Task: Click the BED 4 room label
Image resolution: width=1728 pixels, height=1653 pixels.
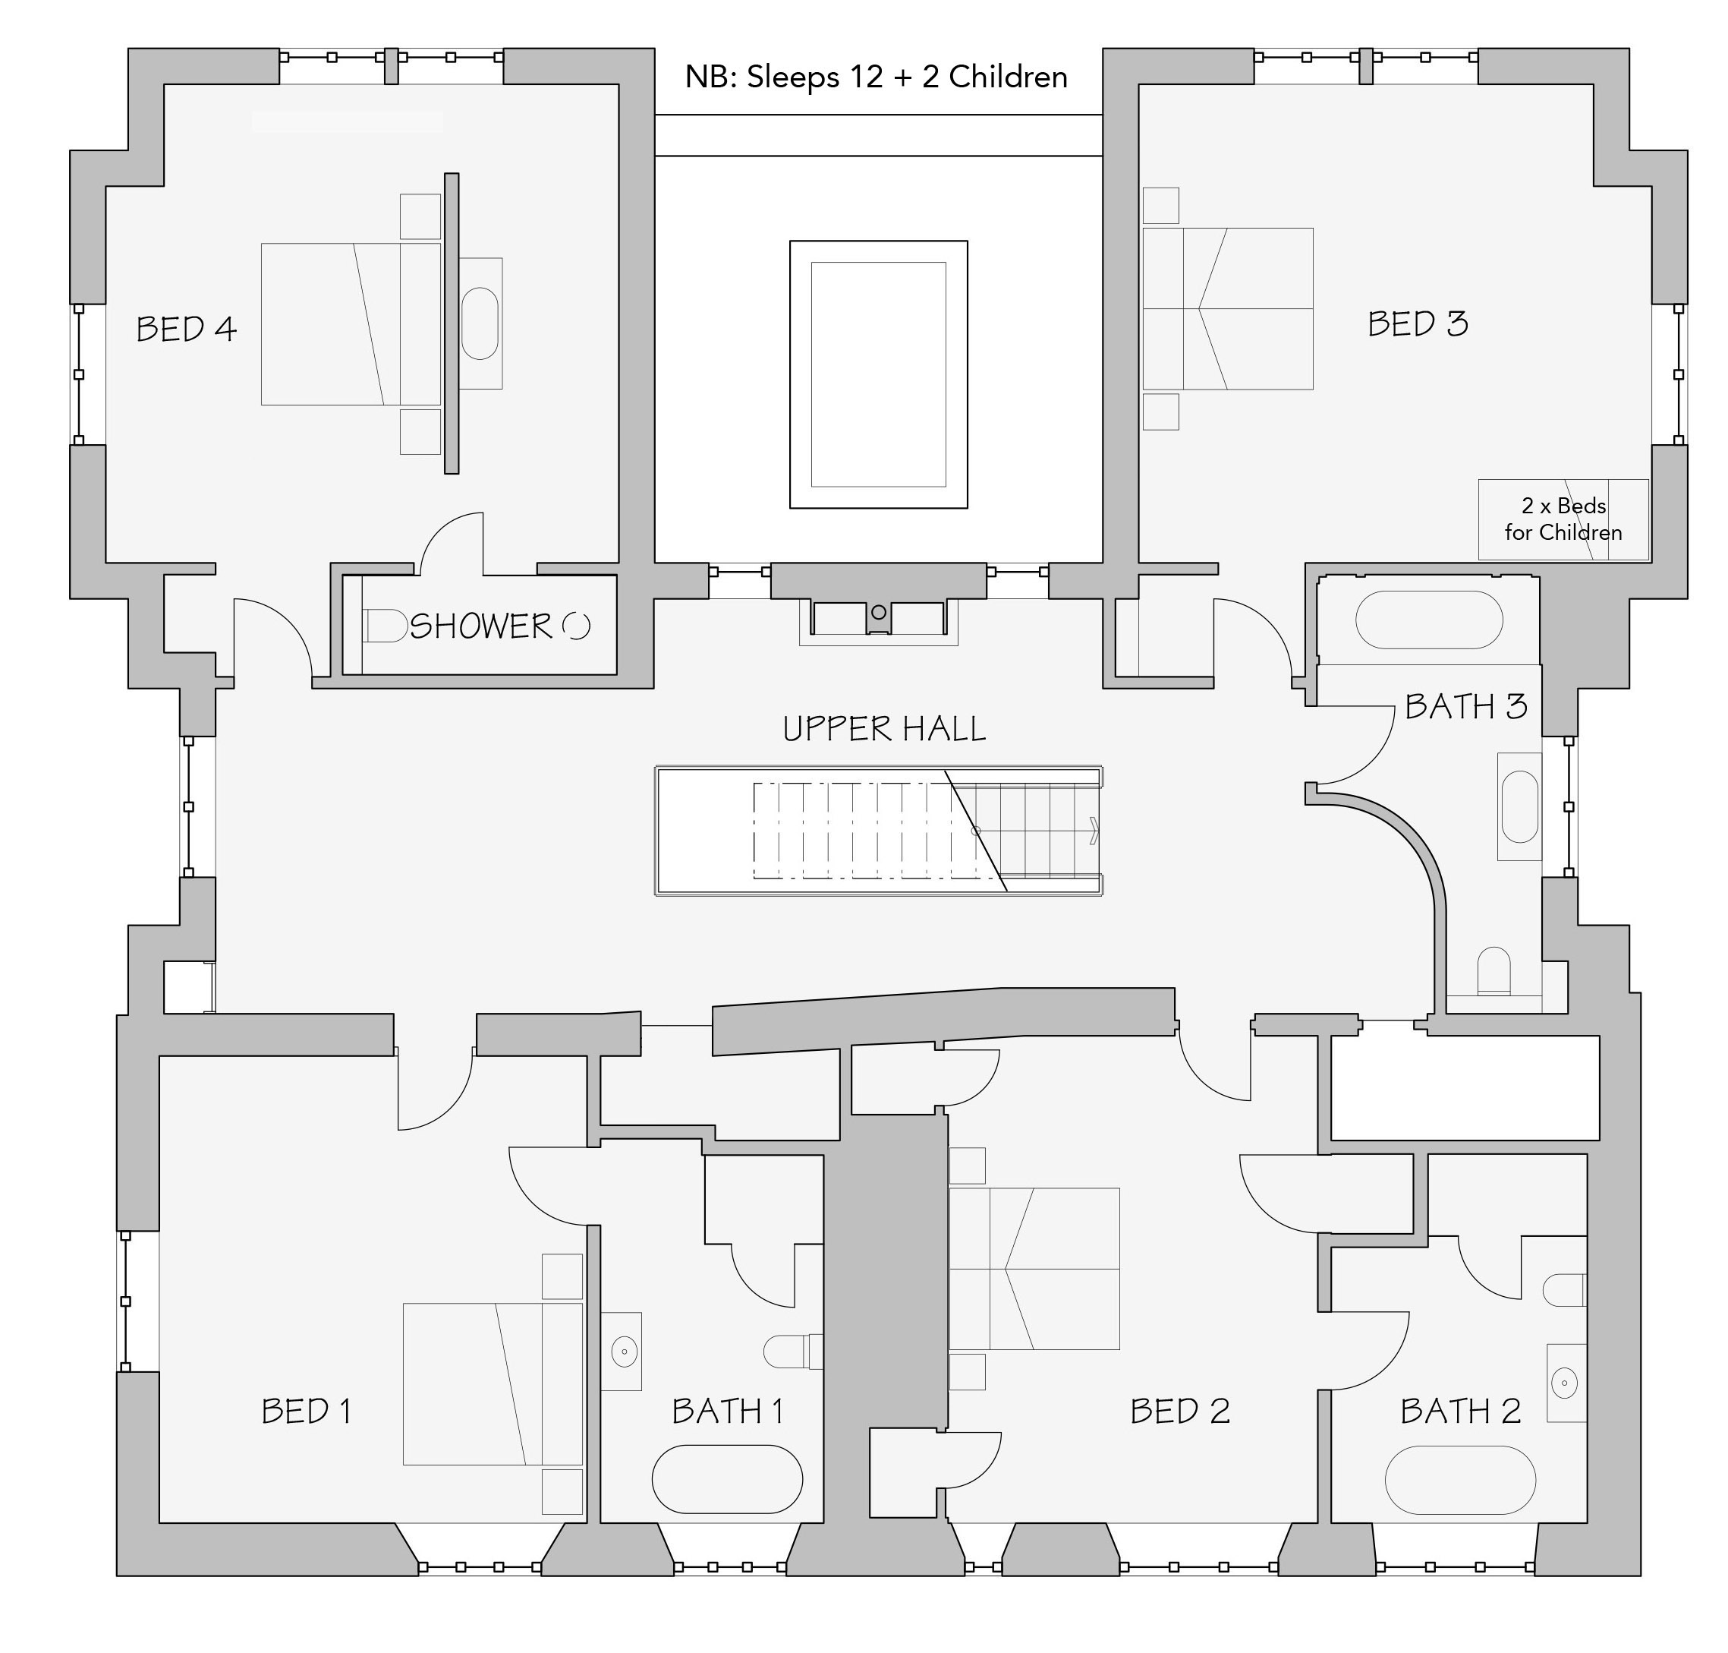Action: point(186,330)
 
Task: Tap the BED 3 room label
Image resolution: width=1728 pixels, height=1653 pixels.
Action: point(1417,324)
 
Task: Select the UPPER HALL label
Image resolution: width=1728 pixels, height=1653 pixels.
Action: point(883,729)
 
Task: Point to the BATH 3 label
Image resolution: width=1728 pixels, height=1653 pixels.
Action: point(1465,706)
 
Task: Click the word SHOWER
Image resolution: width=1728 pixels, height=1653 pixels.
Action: point(481,626)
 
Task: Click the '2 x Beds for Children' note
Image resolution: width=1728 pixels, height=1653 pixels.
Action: point(1563,519)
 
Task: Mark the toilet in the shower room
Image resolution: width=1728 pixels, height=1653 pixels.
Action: point(385,626)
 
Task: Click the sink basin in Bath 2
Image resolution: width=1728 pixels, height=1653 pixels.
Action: point(1564,1383)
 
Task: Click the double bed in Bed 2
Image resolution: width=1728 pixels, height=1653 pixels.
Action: point(1034,1268)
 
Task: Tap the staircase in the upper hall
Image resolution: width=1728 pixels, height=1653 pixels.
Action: point(878,831)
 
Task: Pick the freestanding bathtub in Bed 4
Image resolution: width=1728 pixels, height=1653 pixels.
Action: point(479,323)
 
